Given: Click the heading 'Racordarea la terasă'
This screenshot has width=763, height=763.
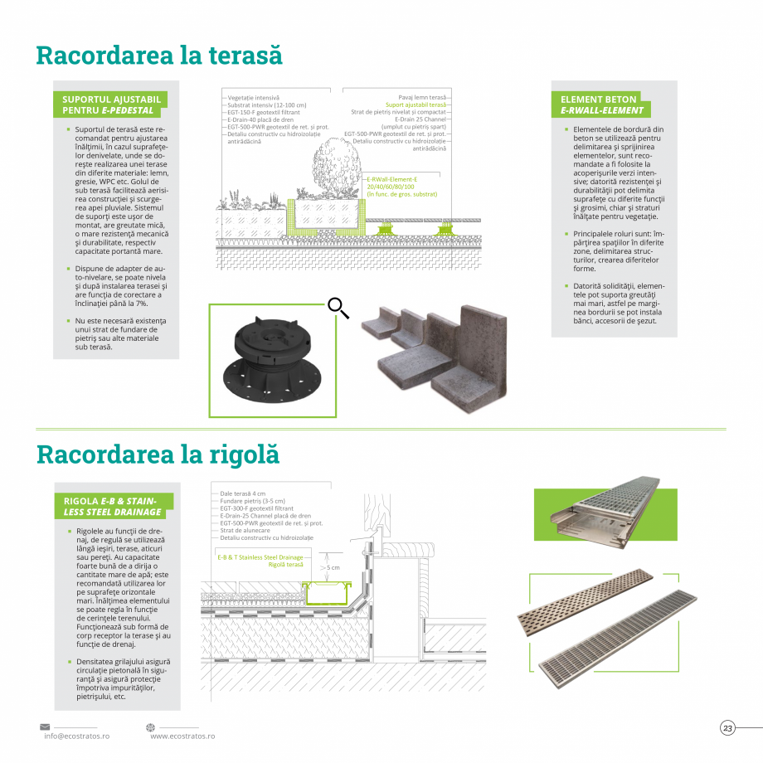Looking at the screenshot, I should [159, 56].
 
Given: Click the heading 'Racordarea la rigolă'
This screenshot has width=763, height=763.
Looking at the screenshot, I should [158, 454].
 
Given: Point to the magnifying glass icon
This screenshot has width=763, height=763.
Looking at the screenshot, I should [338, 308].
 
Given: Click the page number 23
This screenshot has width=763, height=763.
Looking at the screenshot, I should [727, 728].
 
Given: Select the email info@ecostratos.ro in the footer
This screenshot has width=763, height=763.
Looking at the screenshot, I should [77, 736].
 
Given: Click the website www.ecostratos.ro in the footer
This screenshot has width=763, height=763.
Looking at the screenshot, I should [182, 736].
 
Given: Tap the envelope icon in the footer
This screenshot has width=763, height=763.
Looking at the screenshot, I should [45, 727].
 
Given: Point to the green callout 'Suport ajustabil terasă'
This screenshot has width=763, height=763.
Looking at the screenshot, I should [416, 105].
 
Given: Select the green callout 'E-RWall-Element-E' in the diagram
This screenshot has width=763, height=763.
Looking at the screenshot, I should [391, 179].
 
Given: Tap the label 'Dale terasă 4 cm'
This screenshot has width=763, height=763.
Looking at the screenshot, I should [243, 493].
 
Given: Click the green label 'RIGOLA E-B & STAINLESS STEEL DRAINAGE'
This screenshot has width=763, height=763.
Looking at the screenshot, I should [113, 506].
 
